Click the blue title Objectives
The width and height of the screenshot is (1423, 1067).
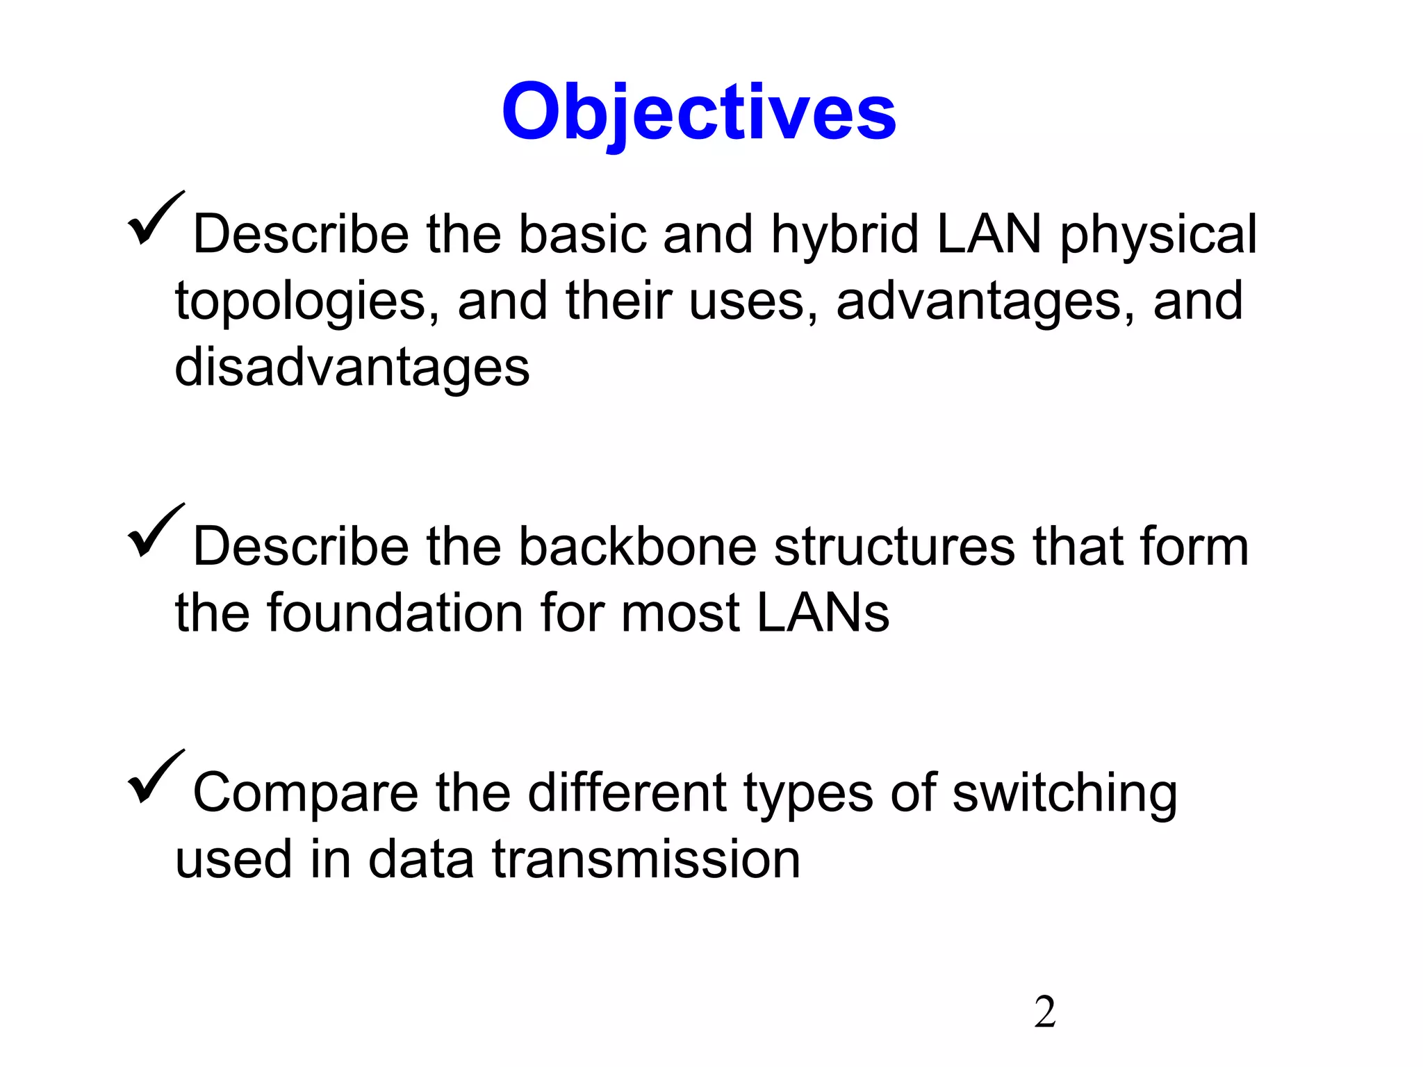click(x=698, y=113)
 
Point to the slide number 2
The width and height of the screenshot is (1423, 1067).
click(x=1044, y=1012)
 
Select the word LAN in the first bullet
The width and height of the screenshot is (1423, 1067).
click(x=989, y=235)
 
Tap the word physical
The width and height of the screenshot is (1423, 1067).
click(x=1158, y=235)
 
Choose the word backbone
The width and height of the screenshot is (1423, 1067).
click(x=637, y=547)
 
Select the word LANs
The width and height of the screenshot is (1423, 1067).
click(x=823, y=613)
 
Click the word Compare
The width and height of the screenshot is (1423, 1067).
click(x=306, y=793)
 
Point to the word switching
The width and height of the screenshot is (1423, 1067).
click(x=1064, y=793)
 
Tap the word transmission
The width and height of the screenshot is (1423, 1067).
click(x=646, y=859)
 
